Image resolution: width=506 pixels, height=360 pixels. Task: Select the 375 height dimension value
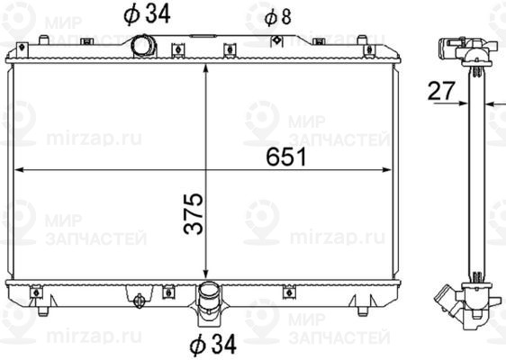(192, 213)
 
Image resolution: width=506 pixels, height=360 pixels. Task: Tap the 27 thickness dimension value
(440, 90)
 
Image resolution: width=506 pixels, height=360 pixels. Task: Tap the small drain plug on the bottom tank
(139, 303)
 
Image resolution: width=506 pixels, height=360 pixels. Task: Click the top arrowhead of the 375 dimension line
(207, 69)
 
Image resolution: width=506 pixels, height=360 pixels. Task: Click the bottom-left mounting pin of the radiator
(43, 311)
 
